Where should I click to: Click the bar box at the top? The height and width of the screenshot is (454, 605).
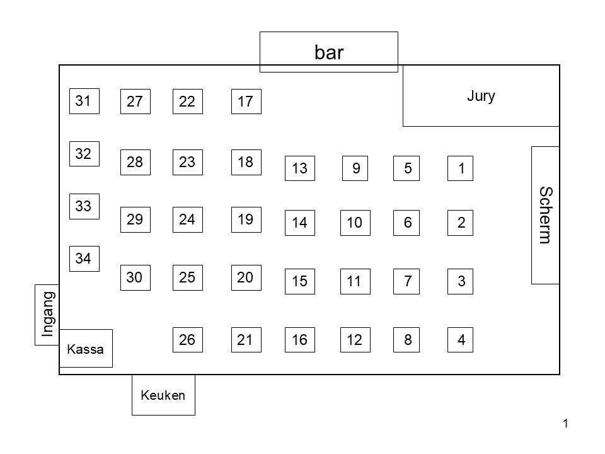(329, 52)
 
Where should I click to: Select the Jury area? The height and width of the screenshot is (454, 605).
(481, 96)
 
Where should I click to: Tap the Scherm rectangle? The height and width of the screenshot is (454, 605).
(545, 215)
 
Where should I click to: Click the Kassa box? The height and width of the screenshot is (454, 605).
(85, 348)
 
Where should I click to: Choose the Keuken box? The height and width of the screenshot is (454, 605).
(163, 395)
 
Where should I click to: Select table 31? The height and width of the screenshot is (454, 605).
(84, 101)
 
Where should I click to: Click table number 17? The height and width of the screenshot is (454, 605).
(246, 102)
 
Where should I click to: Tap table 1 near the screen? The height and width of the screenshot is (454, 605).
(461, 168)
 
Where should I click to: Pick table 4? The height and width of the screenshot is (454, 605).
(461, 340)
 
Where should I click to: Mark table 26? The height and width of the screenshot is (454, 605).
(187, 340)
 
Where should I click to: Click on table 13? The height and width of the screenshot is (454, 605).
(300, 168)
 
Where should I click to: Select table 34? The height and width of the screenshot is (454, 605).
(84, 258)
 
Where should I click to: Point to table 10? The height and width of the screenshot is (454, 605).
(354, 223)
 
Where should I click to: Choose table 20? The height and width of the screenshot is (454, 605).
(246, 277)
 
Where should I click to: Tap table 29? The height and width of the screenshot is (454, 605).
(135, 219)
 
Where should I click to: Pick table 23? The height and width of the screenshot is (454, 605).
(187, 162)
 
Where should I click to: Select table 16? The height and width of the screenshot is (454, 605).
(300, 340)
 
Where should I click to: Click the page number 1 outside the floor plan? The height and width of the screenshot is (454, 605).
(566, 424)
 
